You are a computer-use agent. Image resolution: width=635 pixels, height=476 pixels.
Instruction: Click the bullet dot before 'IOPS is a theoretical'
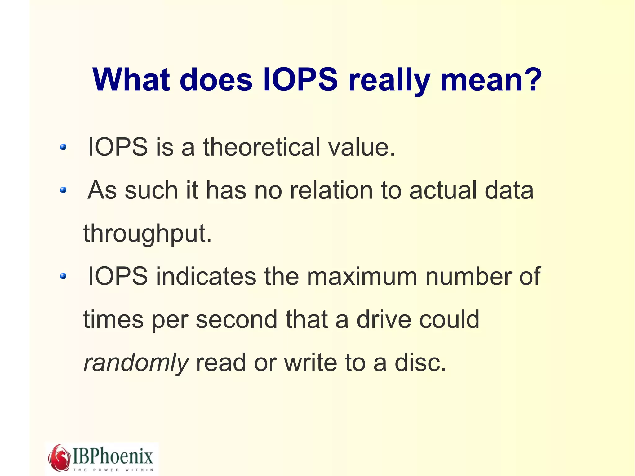pos(63,147)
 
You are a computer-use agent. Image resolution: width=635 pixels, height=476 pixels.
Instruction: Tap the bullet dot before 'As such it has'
pos(63,190)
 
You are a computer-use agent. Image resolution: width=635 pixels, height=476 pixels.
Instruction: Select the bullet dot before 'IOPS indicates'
pos(63,276)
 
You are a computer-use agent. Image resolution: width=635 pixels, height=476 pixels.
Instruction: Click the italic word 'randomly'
pos(136,363)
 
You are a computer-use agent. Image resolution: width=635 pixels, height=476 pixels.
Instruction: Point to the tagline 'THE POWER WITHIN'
pos(113,470)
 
